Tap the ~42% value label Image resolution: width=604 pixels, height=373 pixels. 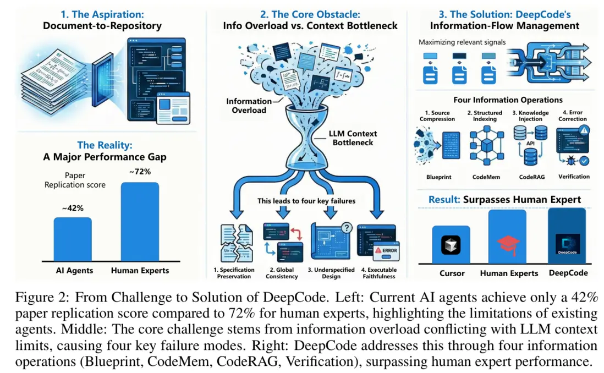click(72, 209)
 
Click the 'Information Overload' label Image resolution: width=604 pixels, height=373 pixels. click(249, 105)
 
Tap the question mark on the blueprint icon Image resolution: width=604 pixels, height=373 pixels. click(347, 228)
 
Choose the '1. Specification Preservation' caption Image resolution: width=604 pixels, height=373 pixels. click(234, 273)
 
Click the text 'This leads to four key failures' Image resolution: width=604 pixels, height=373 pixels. click(306, 201)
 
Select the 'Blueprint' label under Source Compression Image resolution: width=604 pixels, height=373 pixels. click(438, 177)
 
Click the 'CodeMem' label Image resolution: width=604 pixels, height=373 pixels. click(486, 177)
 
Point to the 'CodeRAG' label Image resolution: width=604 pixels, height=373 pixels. click(531, 177)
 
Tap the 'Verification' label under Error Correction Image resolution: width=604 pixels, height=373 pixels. click(573, 177)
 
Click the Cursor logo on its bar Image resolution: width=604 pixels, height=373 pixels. click(451, 245)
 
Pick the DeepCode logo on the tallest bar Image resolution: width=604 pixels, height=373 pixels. click(567, 245)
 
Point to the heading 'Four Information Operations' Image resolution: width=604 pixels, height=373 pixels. click(508, 100)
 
